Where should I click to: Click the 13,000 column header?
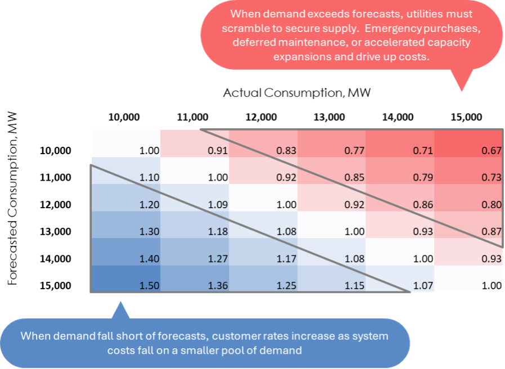click(329, 117)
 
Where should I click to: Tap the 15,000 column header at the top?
click(466, 117)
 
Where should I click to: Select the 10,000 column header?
click(124, 117)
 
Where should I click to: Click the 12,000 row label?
click(56, 204)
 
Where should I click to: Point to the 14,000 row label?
click(56, 258)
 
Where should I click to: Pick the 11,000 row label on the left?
click(56, 177)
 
